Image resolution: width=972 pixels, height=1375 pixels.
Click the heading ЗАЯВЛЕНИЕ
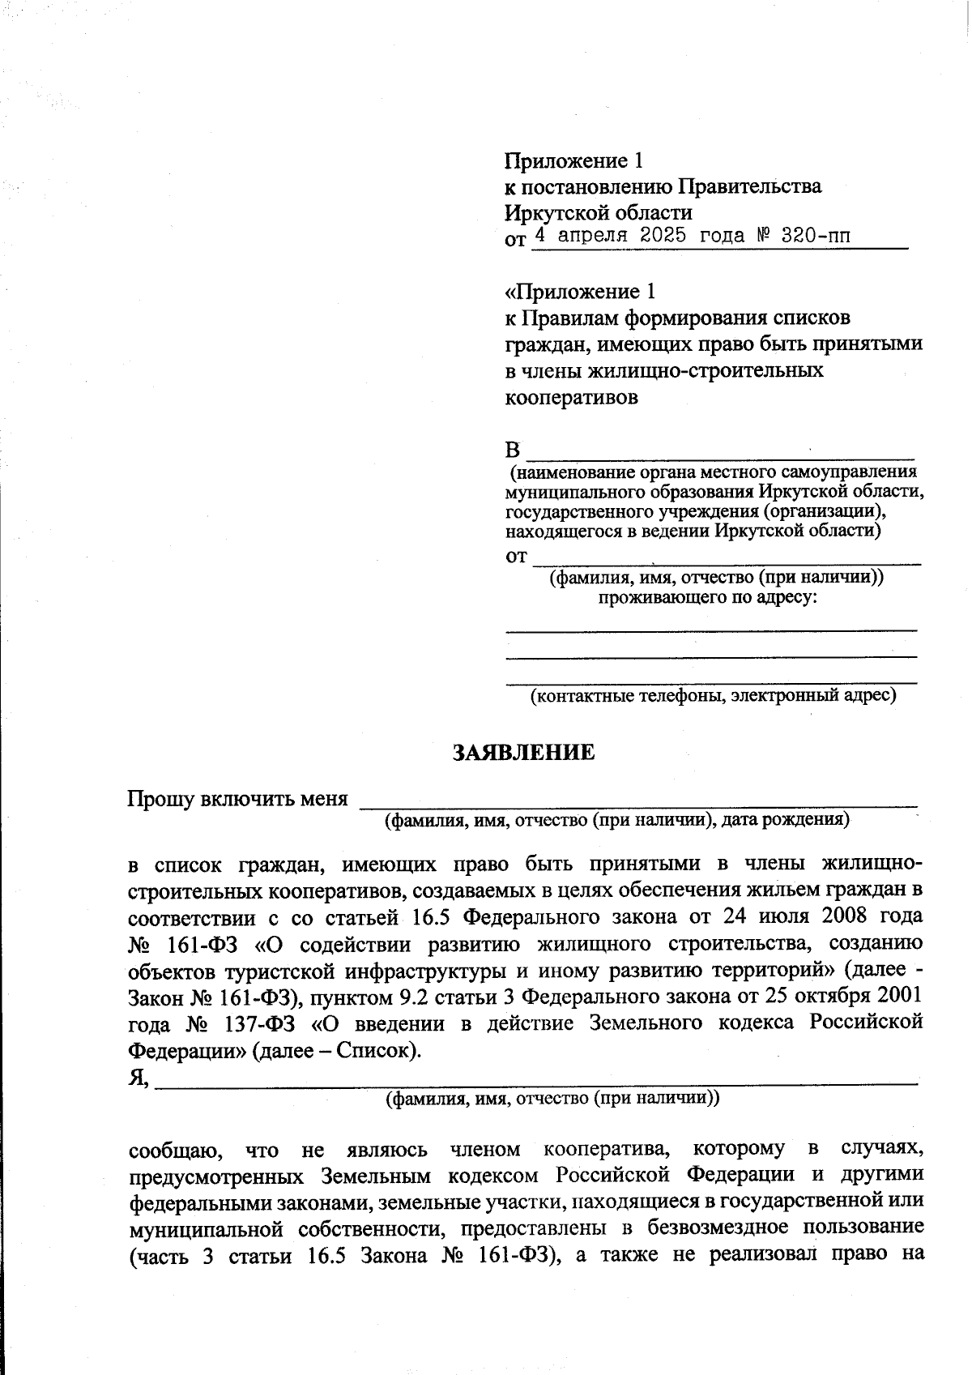click(x=523, y=753)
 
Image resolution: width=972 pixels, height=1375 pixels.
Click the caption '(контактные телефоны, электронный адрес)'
click(x=713, y=695)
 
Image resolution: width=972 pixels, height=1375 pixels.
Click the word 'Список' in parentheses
click(x=372, y=1051)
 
